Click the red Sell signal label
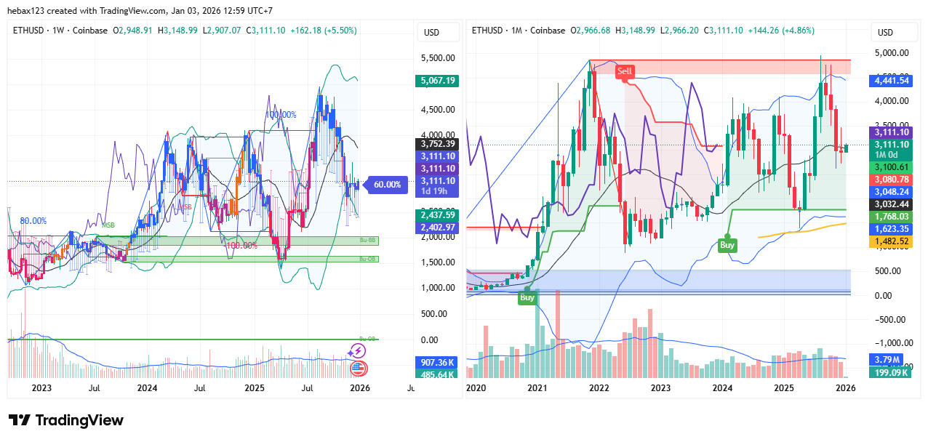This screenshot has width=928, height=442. pyautogui.click(x=625, y=71)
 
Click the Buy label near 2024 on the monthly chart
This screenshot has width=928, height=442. pyautogui.click(x=727, y=245)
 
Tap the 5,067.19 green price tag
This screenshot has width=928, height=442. pyautogui.click(x=438, y=81)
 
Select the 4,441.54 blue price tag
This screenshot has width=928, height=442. pyautogui.click(x=890, y=81)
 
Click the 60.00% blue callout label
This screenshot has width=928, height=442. pyautogui.click(x=387, y=185)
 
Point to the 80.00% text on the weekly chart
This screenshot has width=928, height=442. pyautogui.click(x=33, y=220)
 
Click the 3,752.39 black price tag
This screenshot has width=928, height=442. pyautogui.click(x=438, y=144)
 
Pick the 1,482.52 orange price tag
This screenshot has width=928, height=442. pyautogui.click(x=890, y=241)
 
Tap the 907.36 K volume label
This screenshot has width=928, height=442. pyautogui.click(x=438, y=362)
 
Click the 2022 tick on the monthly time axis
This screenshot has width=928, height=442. pyautogui.click(x=599, y=388)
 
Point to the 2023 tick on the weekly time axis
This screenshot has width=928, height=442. pyautogui.click(x=41, y=388)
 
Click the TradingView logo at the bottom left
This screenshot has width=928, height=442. pyautogui.click(x=66, y=420)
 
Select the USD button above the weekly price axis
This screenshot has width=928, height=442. pyautogui.click(x=432, y=32)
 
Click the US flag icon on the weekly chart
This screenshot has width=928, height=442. pyautogui.click(x=357, y=368)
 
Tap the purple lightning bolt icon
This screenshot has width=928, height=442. pyautogui.click(x=356, y=351)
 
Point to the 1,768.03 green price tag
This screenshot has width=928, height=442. pyautogui.click(x=890, y=216)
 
